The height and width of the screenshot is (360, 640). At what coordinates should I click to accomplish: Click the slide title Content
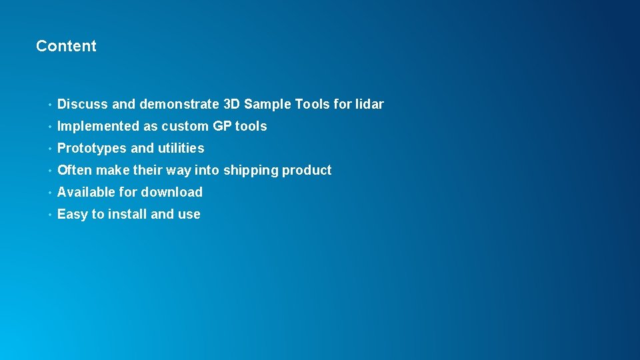pos(66,46)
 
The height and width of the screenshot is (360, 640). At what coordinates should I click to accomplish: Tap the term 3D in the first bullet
pos(231,104)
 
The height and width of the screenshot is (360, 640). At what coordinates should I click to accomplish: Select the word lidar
pos(369,104)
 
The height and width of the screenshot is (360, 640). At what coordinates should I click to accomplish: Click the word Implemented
pos(99,126)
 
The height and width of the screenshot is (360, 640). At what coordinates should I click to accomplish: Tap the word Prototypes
pos(91,148)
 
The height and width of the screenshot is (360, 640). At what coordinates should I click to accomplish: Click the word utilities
pos(181,148)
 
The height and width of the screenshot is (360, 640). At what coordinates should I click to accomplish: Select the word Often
pos(75,170)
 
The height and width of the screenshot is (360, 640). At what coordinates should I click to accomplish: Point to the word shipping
pos(250,170)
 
